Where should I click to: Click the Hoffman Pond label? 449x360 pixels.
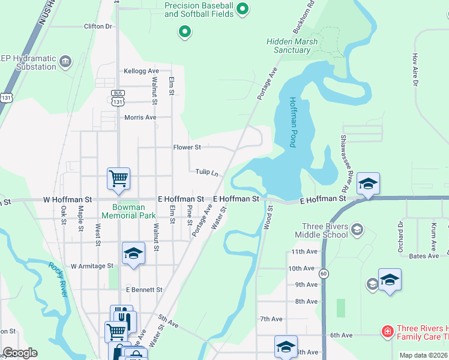coord(293,122)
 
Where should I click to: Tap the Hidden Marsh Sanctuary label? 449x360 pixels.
coord(289,46)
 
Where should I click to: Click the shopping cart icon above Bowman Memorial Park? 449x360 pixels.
coord(119,178)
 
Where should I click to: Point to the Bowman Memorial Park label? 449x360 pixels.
coord(128,211)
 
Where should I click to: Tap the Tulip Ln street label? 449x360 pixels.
coord(206,172)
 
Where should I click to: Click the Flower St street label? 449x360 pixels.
coord(187,147)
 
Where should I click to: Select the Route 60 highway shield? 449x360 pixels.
coord(324,274)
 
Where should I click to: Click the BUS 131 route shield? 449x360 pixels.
coord(118,98)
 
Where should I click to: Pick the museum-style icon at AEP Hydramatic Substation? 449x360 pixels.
coord(65,61)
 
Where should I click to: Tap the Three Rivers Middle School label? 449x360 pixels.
coord(325,230)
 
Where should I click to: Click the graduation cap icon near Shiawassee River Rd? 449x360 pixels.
coord(368,184)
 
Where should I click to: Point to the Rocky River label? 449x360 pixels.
coord(59,279)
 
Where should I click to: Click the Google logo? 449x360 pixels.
coord(20,353)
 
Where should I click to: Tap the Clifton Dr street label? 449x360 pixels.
coord(98,26)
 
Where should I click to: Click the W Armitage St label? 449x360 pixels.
coord(92,265)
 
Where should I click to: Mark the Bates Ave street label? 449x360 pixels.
coord(424,256)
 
